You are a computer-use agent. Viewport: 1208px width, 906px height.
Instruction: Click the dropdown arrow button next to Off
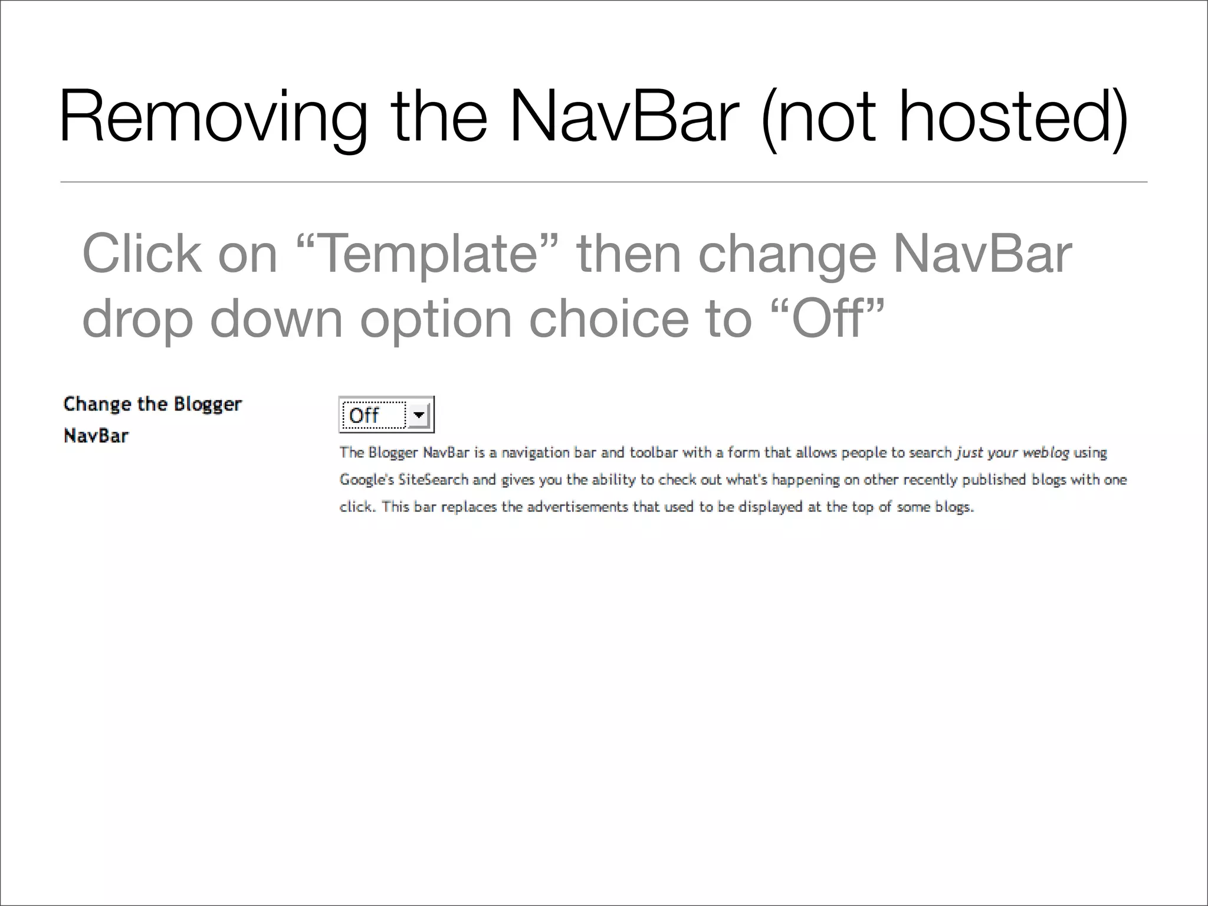419,415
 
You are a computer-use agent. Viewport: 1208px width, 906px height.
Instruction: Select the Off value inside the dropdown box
365,415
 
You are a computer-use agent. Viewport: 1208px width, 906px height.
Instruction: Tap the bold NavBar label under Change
96,436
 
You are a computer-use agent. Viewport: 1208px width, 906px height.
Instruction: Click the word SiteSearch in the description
434,480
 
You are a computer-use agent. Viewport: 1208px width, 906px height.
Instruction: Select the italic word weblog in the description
1045,452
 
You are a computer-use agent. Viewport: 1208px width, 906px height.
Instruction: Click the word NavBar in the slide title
623,116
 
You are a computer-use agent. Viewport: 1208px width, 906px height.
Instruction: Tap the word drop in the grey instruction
137,319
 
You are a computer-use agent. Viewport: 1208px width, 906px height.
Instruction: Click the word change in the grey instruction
787,254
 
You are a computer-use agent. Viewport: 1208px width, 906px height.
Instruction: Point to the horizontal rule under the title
603,182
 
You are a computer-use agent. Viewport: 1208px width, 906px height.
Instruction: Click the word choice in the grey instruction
608,319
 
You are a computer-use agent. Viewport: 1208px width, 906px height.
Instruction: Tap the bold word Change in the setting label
97,404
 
